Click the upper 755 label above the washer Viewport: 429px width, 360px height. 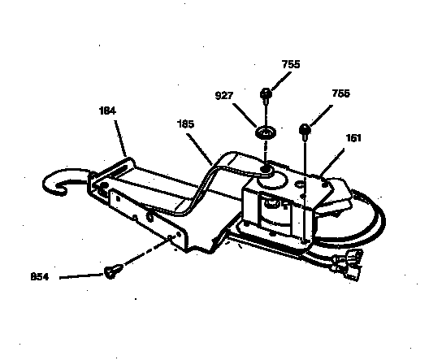pyautogui.click(x=291, y=64)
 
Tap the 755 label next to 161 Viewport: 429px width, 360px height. pyautogui.click(x=341, y=93)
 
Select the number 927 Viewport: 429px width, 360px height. pyautogui.click(x=224, y=96)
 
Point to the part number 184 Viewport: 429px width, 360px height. pyautogui.click(x=107, y=111)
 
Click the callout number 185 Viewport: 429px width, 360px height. pyautogui.click(x=186, y=124)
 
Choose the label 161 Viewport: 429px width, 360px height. pyautogui.click(x=353, y=138)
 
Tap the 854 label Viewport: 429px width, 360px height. pyautogui.click(x=40, y=277)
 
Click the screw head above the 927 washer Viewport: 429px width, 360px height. pyautogui.click(x=266, y=94)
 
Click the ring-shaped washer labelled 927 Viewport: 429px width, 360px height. pyautogui.click(x=266, y=132)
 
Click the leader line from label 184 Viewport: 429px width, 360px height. pyautogui.click(x=120, y=138)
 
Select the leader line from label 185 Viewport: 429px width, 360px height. pyautogui.click(x=199, y=150)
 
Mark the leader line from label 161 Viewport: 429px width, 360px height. pyautogui.click(x=331, y=163)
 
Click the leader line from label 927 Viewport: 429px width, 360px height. pyautogui.click(x=245, y=115)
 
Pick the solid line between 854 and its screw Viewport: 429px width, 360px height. pyautogui.click(x=81, y=276)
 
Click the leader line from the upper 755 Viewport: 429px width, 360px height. pyautogui.click(x=281, y=81)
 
